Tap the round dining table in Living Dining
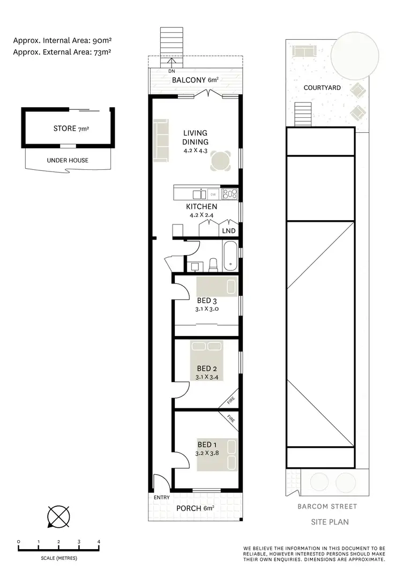221,160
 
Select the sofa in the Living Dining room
160,140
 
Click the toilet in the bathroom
213,264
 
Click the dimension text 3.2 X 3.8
207,452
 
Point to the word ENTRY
162,498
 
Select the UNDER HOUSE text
68,160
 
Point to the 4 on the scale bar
99,542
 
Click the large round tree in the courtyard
354,55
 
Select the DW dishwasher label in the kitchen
213,194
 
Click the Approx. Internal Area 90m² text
63,40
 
